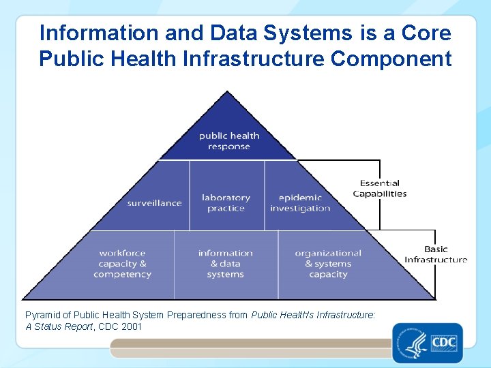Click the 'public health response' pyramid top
[x=229, y=141]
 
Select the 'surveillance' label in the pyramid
[x=155, y=203]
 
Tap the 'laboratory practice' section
[x=226, y=203]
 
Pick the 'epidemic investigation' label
[x=300, y=203]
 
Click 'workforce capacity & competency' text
[x=122, y=264]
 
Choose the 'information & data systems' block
[x=225, y=264]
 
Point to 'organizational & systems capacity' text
[x=328, y=264]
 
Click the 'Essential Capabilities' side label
[x=380, y=188]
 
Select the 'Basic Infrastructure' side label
[x=436, y=254]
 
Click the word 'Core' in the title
[x=423, y=33]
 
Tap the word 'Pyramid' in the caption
[x=42, y=316]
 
